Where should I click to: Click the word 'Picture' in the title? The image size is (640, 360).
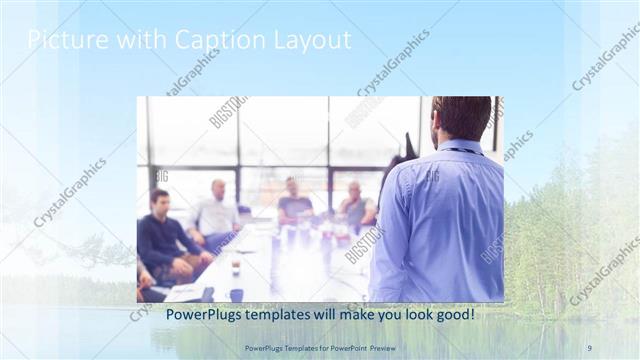pyautogui.click(x=61, y=40)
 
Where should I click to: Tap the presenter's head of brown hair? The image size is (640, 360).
pyautogui.click(x=461, y=116)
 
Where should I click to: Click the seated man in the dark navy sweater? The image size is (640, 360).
pyautogui.click(x=165, y=240)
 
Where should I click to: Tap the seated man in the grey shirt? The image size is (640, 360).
pyautogui.click(x=354, y=207)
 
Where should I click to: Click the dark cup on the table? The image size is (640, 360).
pyautogui.click(x=236, y=293)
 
